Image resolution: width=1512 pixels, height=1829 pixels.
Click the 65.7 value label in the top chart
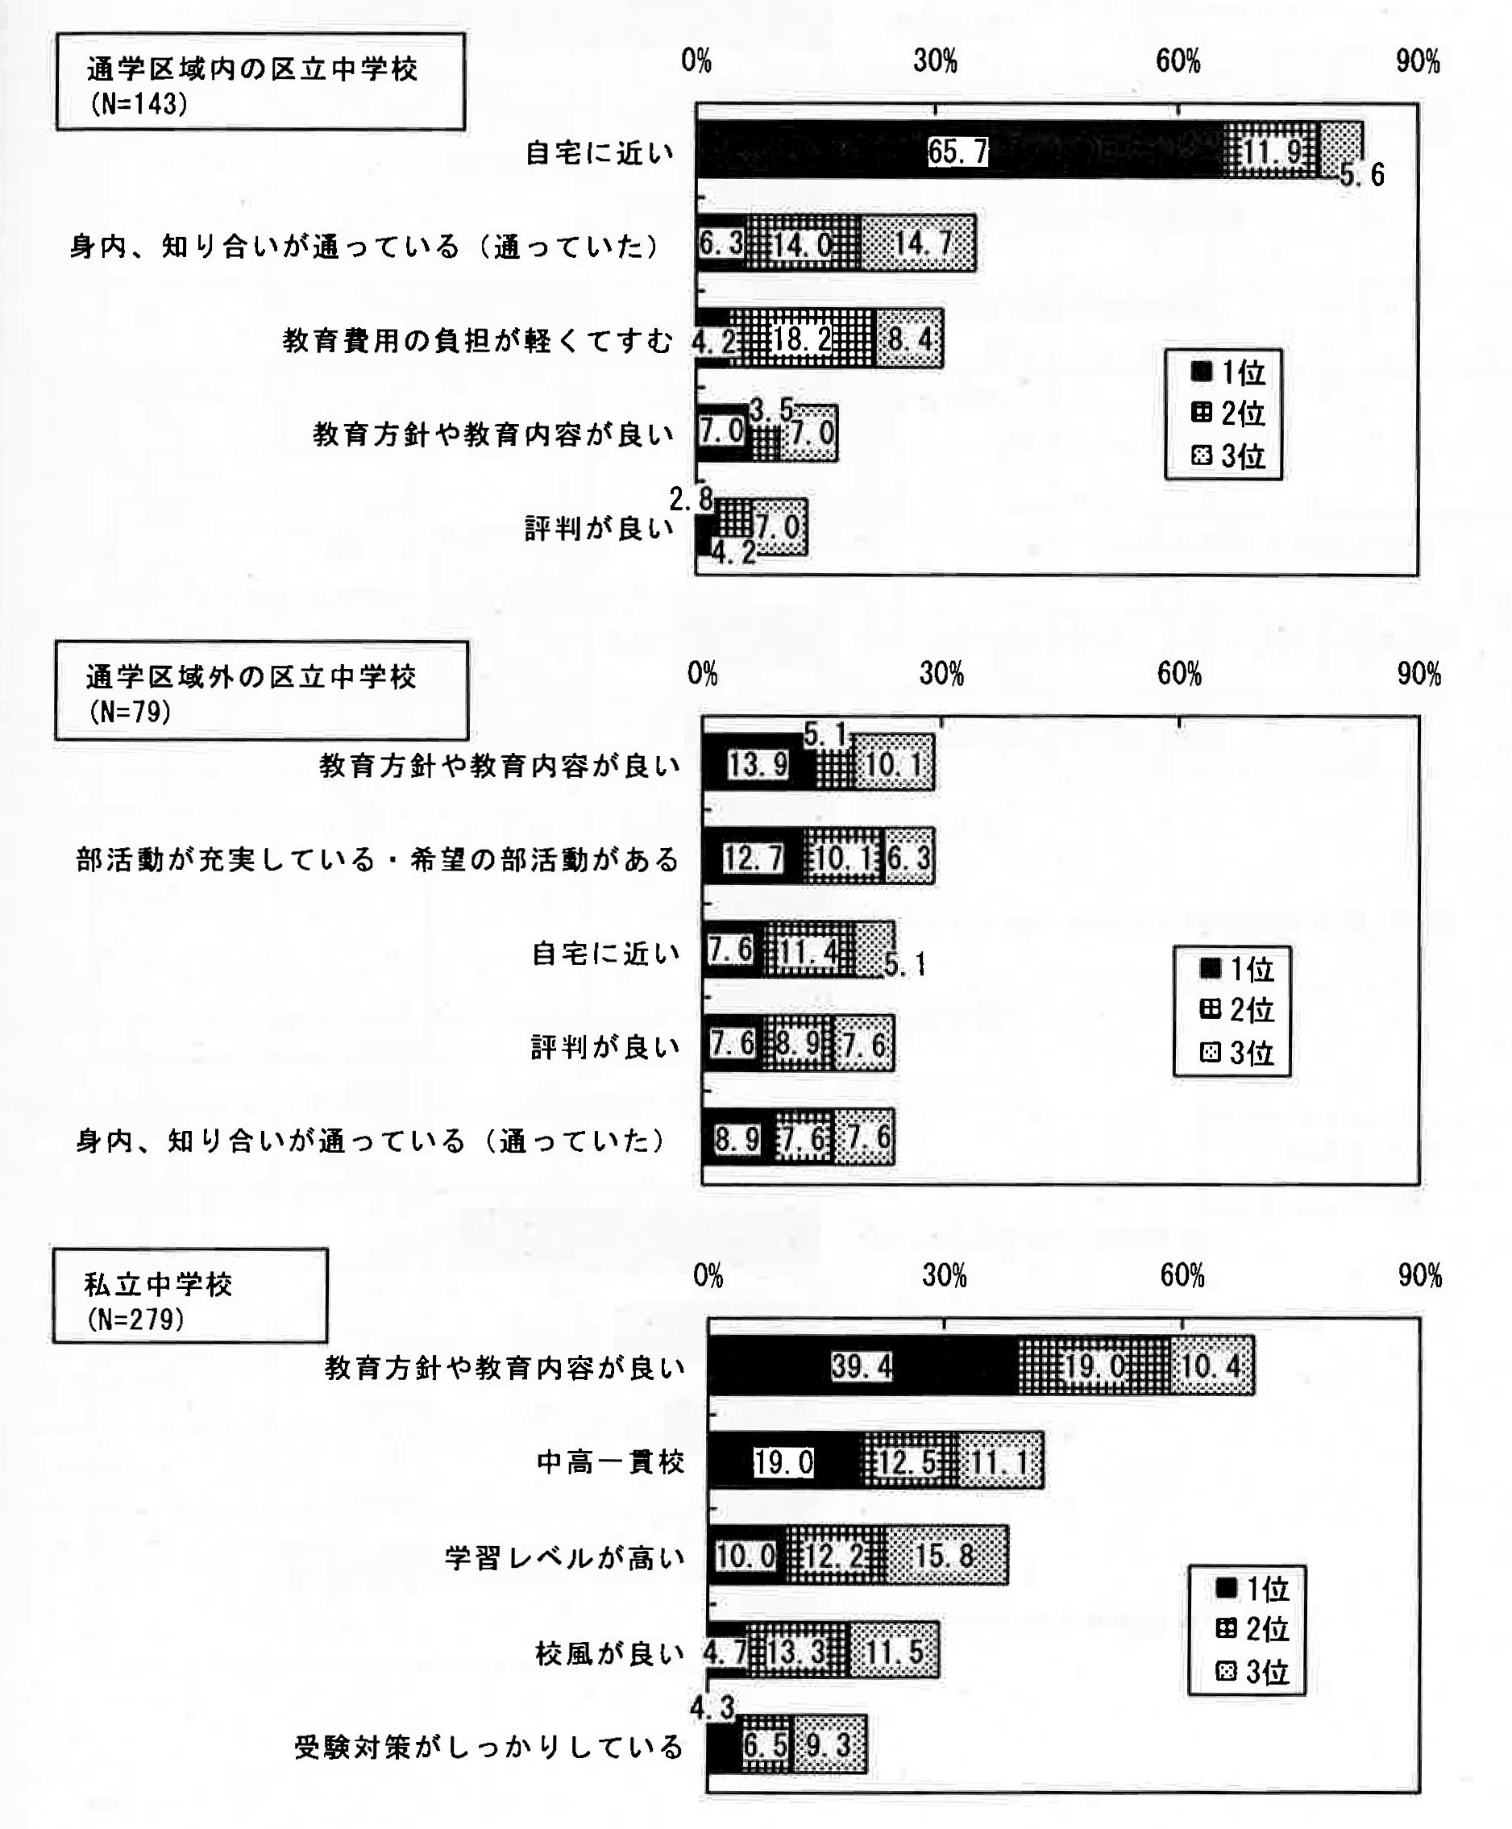tap(957, 152)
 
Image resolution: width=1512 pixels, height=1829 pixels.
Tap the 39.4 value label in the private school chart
tap(862, 1366)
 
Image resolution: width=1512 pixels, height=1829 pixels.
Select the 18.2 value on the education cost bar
tap(802, 339)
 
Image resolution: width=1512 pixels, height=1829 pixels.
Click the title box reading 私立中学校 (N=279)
tap(190, 1296)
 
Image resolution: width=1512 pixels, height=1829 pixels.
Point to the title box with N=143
tap(260, 82)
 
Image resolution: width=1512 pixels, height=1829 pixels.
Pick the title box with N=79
tap(261, 691)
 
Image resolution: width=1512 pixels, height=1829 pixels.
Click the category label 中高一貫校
tap(611, 1462)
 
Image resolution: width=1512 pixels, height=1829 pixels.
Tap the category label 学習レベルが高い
tap(565, 1557)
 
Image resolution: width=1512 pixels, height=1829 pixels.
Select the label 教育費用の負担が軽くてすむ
tap(478, 340)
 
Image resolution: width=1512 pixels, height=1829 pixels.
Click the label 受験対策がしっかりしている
tap(488, 1747)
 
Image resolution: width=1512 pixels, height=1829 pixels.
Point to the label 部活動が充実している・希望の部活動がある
tap(378, 859)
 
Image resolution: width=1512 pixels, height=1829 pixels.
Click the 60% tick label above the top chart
tap(1178, 61)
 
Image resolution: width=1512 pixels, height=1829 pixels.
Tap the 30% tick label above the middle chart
tap(941, 673)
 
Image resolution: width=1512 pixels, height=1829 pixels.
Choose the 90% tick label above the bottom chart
tap(1419, 1276)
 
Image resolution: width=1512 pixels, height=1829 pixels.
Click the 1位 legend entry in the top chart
tap(1227, 372)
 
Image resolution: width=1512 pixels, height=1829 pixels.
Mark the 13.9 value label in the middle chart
tap(758, 765)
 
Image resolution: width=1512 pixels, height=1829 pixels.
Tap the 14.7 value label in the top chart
tap(923, 243)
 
